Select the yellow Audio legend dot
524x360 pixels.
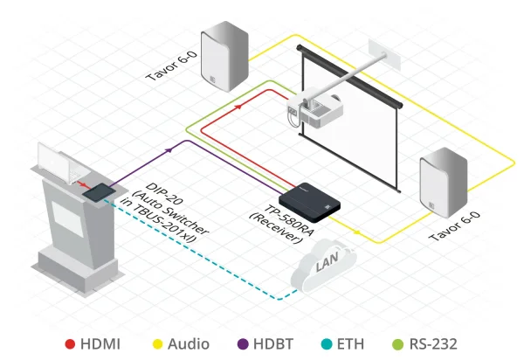pyautogui.click(x=158, y=344)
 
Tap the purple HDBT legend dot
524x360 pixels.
pyautogui.click(x=244, y=344)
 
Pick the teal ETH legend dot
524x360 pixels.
pyautogui.click(x=326, y=344)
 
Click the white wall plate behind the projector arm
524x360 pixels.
pyautogui.click(x=383, y=53)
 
